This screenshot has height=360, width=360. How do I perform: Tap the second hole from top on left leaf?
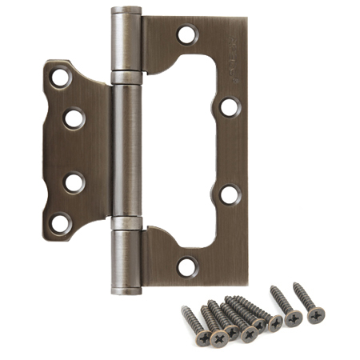[74, 118]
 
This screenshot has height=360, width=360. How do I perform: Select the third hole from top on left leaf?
[74, 182]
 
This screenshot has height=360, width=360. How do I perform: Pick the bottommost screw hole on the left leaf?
[61, 222]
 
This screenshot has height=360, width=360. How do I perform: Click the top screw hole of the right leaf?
[187, 34]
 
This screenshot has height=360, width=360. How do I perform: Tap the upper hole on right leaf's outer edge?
[229, 107]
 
